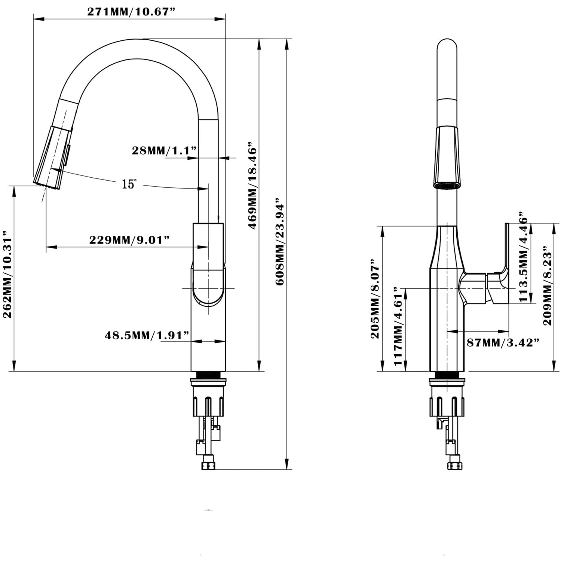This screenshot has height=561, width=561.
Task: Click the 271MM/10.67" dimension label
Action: pos(131,12)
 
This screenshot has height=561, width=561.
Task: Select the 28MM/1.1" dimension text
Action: pos(164,150)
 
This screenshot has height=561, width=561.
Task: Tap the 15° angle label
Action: pos(129,184)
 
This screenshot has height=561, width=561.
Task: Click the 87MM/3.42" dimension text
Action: pos(503,342)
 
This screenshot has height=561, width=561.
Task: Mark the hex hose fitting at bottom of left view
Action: pos(208,465)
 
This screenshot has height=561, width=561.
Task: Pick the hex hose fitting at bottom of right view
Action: pos(454,465)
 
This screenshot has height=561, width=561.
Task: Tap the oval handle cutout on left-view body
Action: pos(208,287)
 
